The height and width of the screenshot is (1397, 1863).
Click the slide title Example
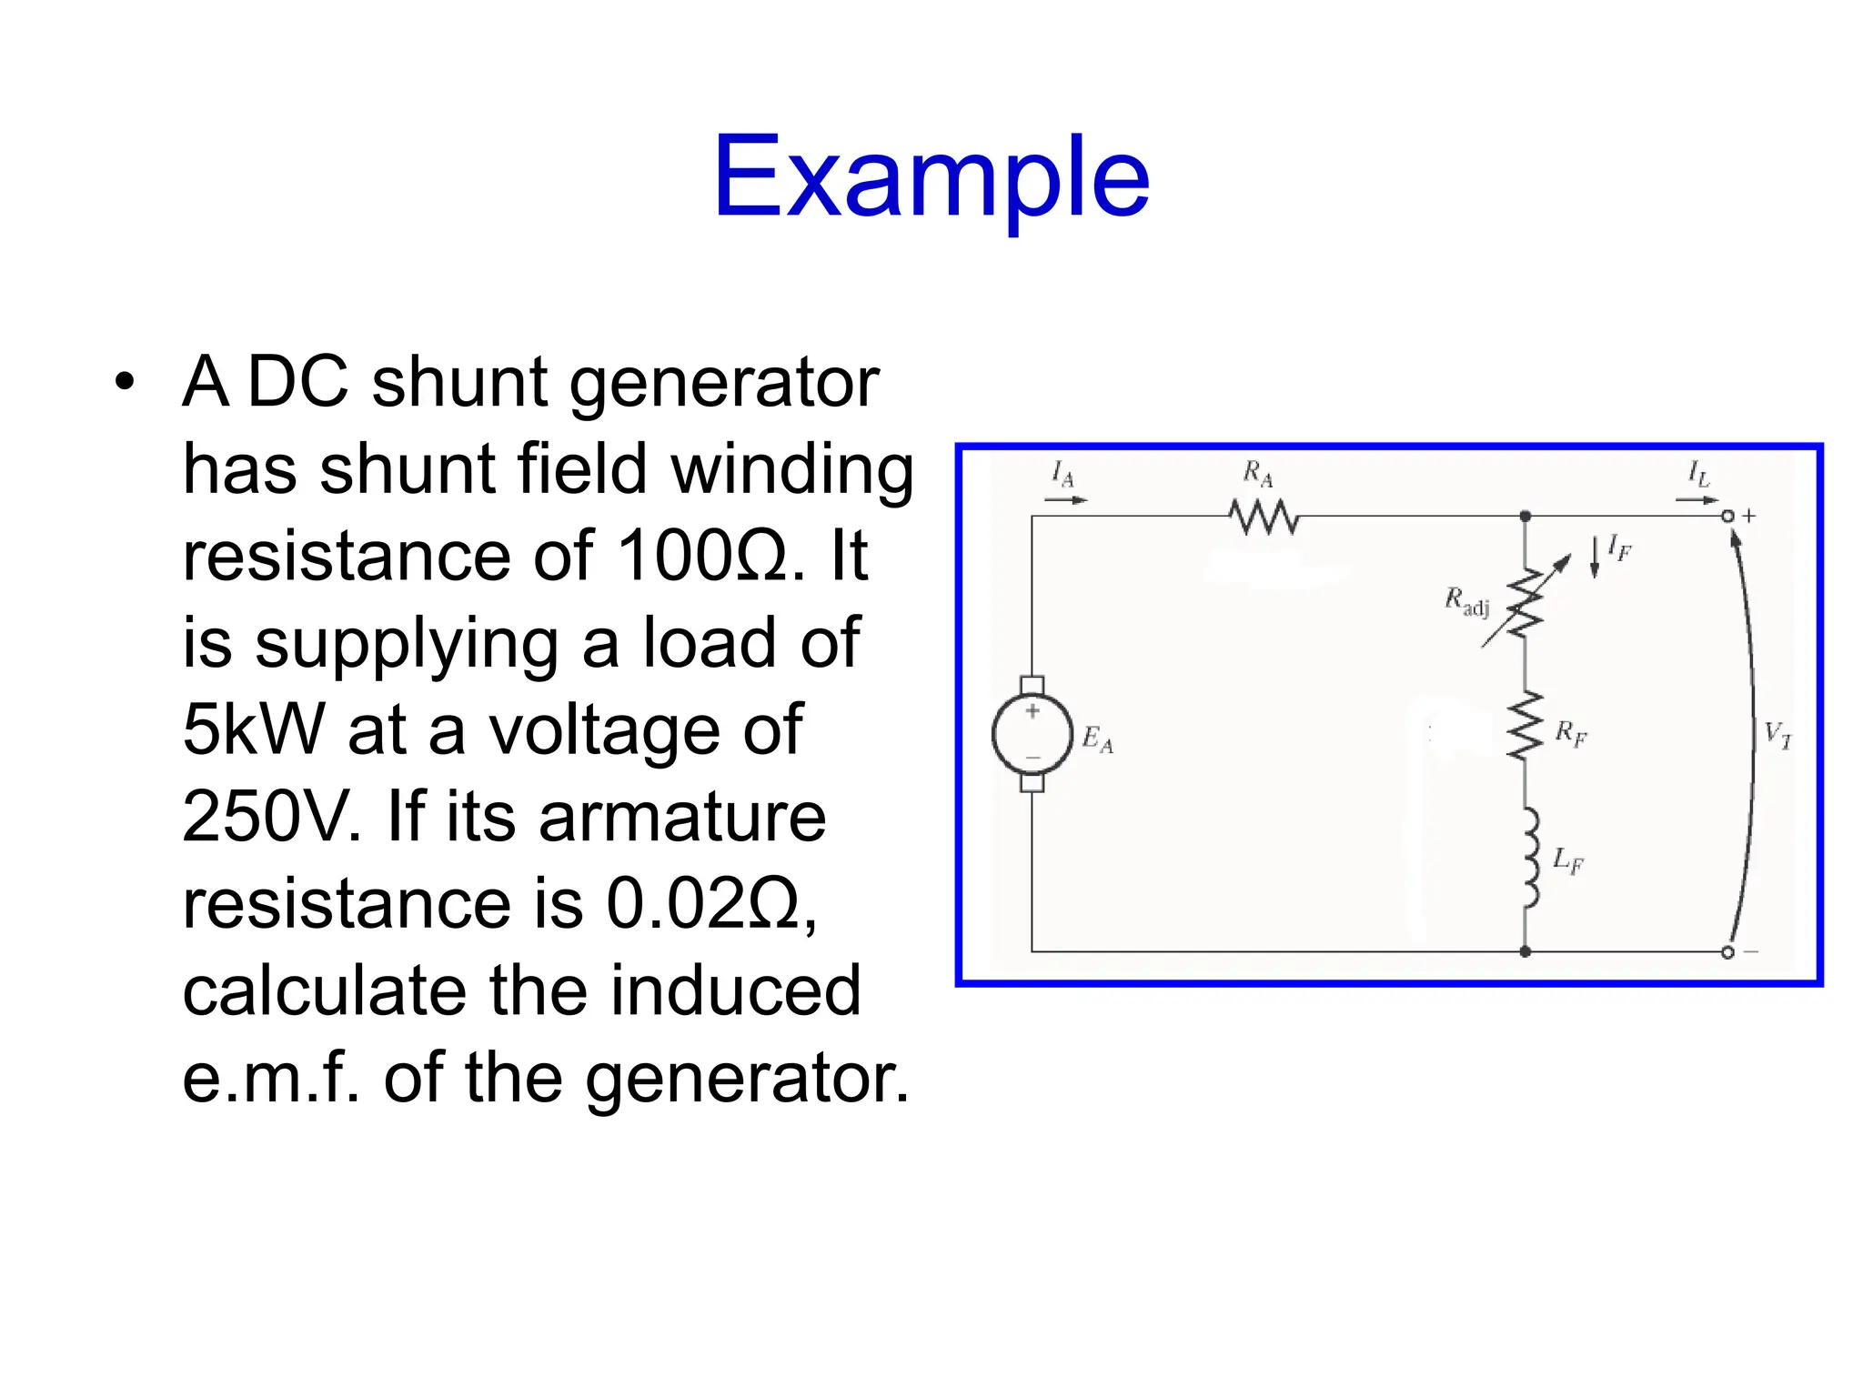(x=931, y=177)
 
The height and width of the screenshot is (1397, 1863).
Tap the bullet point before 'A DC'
(x=125, y=382)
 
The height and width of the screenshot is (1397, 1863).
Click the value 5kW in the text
(x=253, y=729)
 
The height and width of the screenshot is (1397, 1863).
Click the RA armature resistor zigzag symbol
(x=1263, y=517)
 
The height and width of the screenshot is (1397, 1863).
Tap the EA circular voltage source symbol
(x=1032, y=734)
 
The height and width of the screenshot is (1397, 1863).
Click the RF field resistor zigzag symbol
(x=1526, y=725)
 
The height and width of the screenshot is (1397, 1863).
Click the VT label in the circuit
(x=1777, y=734)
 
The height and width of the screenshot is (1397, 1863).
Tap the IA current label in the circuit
(x=1062, y=473)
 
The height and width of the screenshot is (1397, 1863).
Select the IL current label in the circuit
(x=1698, y=473)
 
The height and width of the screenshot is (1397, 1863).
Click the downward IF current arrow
(x=1594, y=557)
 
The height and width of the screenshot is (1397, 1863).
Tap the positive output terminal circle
(x=1727, y=517)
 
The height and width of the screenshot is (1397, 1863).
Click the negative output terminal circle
(x=1727, y=952)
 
